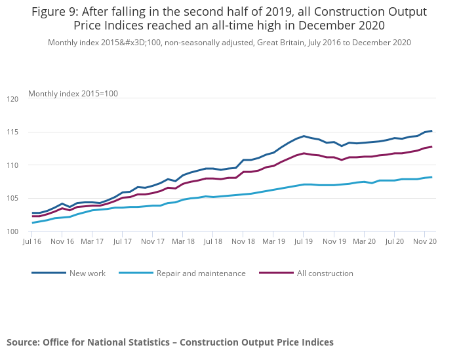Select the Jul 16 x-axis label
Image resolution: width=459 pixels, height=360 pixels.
pyautogui.click(x=33, y=241)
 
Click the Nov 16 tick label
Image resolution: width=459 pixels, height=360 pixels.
pyautogui.click(x=62, y=241)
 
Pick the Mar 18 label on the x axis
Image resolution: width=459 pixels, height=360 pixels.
pyautogui.click(x=183, y=241)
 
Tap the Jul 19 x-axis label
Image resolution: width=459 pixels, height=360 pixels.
pyautogui.click(x=304, y=241)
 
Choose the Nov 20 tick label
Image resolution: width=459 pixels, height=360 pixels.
pyautogui.click(x=424, y=241)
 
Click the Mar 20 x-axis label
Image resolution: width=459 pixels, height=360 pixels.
pyautogui.click(x=364, y=241)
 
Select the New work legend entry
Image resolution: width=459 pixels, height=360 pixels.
pyautogui.click(x=87, y=273)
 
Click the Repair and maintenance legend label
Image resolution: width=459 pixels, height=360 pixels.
pyautogui.click(x=201, y=273)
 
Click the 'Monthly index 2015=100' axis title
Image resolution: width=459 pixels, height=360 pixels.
pyautogui.click(x=73, y=94)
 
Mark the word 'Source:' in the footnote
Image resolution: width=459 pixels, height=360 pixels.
pyautogui.click(x=23, y=342)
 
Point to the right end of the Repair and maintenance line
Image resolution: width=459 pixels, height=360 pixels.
pyautogui.click(x=431, y=177)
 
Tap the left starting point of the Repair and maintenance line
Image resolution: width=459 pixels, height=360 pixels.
pyautogui.click(x=33, y=223)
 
